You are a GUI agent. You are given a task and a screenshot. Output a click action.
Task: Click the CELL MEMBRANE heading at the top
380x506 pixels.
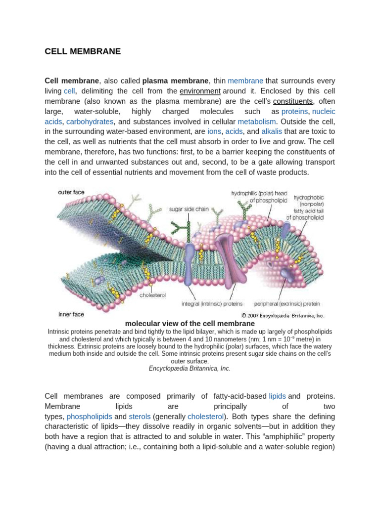(83, 51)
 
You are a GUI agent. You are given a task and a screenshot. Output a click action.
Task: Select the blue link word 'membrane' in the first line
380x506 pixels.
(245, 81)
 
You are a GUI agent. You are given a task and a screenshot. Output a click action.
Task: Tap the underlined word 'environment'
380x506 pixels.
(200, 91)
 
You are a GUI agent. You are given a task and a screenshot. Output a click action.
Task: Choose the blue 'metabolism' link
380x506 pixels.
(257, 122)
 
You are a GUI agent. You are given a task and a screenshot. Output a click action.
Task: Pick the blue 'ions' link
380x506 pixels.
(214, 131)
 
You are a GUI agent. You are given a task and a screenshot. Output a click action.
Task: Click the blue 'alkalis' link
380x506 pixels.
(272, 131)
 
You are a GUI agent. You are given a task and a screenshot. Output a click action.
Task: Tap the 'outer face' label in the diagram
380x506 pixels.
(71, 192)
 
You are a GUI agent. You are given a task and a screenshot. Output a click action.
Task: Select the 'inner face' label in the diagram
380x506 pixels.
(71, 314)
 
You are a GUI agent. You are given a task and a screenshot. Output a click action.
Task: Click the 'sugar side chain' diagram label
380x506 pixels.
(189, 209)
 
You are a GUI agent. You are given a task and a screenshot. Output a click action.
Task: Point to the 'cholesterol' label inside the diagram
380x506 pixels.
(152, 295)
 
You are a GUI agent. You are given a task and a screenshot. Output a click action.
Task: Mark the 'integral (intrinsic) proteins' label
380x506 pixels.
(212, 303)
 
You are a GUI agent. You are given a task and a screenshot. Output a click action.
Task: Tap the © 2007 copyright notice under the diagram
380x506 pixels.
(283, 315)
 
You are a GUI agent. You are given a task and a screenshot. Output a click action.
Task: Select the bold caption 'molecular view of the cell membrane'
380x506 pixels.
(190, 324)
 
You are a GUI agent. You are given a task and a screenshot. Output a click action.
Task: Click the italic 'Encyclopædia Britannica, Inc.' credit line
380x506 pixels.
(190, 368)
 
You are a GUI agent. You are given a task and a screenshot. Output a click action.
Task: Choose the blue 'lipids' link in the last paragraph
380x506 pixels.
(277, 396)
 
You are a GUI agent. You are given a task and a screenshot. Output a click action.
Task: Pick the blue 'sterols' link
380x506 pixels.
(140, 416)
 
